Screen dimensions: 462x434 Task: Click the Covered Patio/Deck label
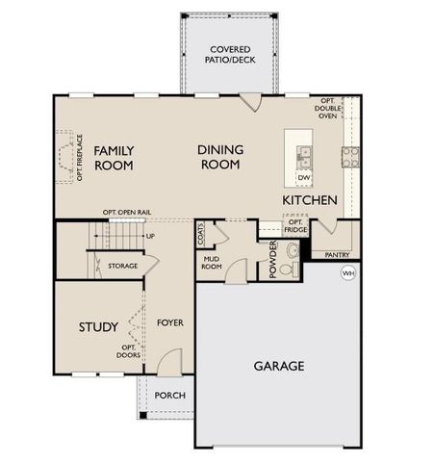230,54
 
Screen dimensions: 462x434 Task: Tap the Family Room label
114,158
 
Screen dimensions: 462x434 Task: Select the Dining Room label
220,158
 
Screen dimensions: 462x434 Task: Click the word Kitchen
309,200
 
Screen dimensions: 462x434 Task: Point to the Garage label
279,366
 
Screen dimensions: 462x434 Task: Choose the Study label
97,327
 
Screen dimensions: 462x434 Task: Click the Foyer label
169,322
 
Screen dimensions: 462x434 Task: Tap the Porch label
169,396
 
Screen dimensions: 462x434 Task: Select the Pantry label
337,255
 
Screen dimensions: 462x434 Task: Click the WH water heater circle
347,273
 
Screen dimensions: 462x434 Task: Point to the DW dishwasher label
303,178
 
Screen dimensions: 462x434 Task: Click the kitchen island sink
303,153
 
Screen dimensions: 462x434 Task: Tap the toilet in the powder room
294,255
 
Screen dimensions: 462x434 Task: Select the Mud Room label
213,263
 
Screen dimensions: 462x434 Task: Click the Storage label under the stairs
122,266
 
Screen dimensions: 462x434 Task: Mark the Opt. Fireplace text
80,158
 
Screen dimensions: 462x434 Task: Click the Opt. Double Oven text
327,109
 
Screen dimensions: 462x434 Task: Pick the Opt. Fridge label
294,226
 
